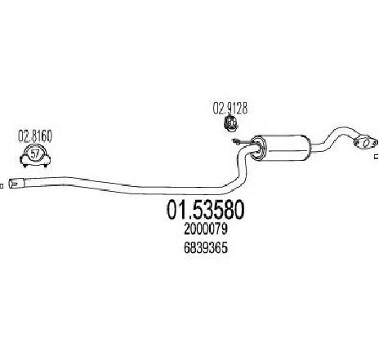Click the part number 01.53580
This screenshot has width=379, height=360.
(x=206, y=210)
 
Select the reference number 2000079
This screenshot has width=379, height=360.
(x=206, y=229)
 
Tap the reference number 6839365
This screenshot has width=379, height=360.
(x=206, y=248)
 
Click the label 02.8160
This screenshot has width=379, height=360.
(x=35, y=136)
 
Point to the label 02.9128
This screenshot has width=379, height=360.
(x=230, y=109)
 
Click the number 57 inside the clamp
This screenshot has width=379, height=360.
(x=35, y=154)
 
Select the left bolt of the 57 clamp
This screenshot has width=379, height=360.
(x=25, y=165)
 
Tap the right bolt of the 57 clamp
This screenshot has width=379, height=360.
(x=46, y=165)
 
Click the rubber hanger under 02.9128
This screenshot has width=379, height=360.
(x=231, y=122)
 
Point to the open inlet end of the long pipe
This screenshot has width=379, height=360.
(x=12, y=183)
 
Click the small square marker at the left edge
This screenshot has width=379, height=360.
(x=2, y=186)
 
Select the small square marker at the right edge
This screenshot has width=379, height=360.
(x=377, y=157)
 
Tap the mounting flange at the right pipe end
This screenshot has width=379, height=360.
(x=366, y=143)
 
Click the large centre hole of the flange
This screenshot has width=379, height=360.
(x=368, y=144)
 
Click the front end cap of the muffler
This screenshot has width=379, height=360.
(x=257, y=148)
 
